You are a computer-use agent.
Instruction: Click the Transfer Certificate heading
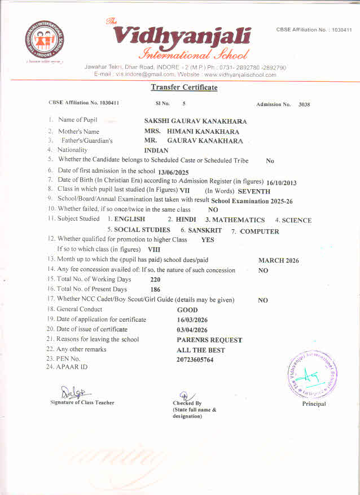tap(184, 87)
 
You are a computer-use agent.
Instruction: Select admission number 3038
tap(304, 104)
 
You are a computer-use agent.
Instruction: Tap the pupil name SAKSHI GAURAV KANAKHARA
tap(195, 121)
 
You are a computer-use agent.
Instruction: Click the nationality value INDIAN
tap(156, 151)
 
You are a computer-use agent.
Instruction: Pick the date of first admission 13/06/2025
tap(173, 172)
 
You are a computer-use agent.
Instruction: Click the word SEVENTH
tap(254, 191)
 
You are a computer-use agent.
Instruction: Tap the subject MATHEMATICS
tap(238, 220)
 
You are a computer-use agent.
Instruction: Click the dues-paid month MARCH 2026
tap(279, 261)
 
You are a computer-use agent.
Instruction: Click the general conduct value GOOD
tap(187, 310)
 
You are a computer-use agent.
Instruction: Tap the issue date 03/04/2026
tap(192, 330)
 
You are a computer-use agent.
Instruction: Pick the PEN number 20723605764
tap(195, 360)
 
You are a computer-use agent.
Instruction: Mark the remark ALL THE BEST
tap(200, 350)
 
